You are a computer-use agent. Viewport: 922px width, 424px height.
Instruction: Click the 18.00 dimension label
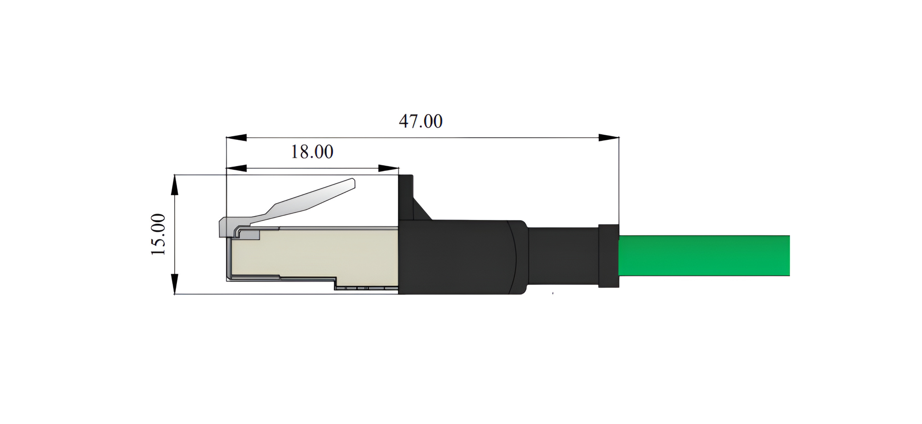pos(312,152)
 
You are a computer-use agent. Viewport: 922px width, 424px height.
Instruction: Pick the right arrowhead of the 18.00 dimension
pos(388,168)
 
